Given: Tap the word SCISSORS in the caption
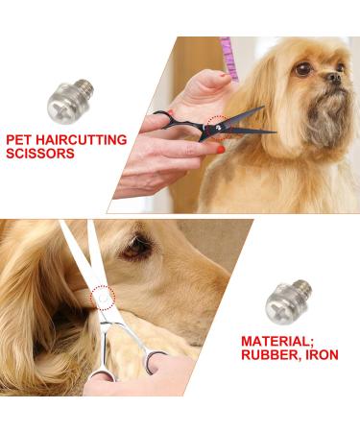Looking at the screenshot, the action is [40, 154].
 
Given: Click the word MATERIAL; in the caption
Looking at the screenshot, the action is [277, 341].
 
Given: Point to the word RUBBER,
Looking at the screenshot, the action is [270, 354].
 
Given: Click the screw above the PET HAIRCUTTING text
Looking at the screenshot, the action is [70, 101].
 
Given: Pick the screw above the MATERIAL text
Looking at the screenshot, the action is [288, 301].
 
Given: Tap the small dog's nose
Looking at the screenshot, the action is [334, 77].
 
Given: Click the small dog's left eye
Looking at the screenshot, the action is [302, 69].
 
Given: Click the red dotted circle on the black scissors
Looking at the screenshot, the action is [220, 128].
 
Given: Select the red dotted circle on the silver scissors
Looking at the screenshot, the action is [103, 299].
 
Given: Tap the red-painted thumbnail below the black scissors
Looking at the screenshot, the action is [221, 149].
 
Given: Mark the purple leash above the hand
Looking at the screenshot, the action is [229, 58].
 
